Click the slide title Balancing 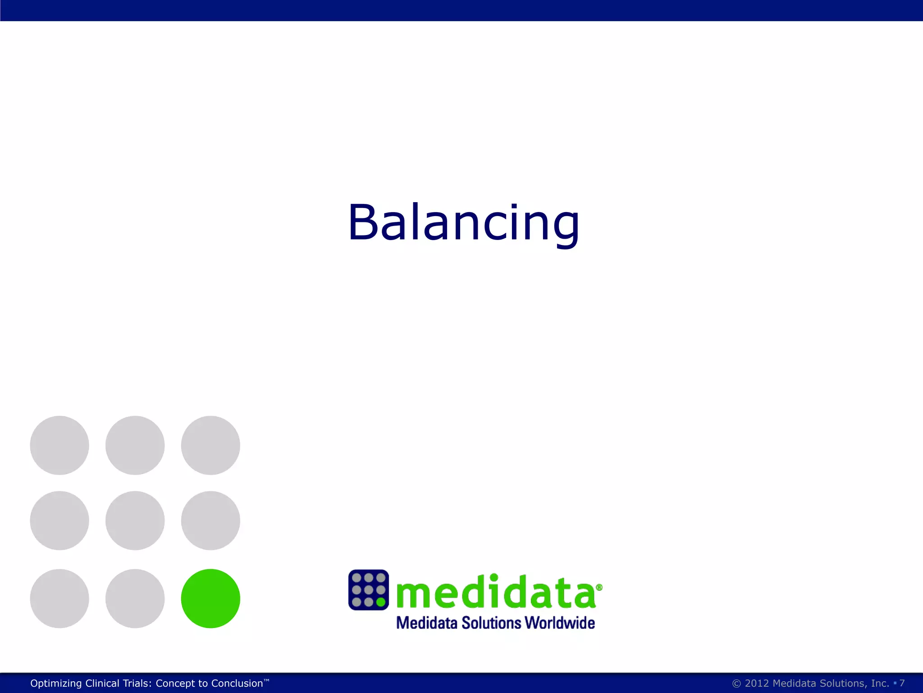[463, 223]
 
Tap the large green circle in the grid [210, 598]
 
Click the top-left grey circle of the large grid [59, 445]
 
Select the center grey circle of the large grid [135, 521]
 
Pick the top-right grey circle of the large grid [210, 445]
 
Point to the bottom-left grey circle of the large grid [59, 598]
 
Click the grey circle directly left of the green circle [135, 598]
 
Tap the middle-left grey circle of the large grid [59, 521]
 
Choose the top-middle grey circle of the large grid [135, 445]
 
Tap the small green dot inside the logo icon [381, 602]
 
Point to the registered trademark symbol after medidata [599, 587]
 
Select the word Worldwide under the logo [560, 623]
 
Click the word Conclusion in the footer [237, 684]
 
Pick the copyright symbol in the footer [736, 684]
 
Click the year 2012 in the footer [757, 684]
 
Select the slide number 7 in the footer [902, 684]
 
